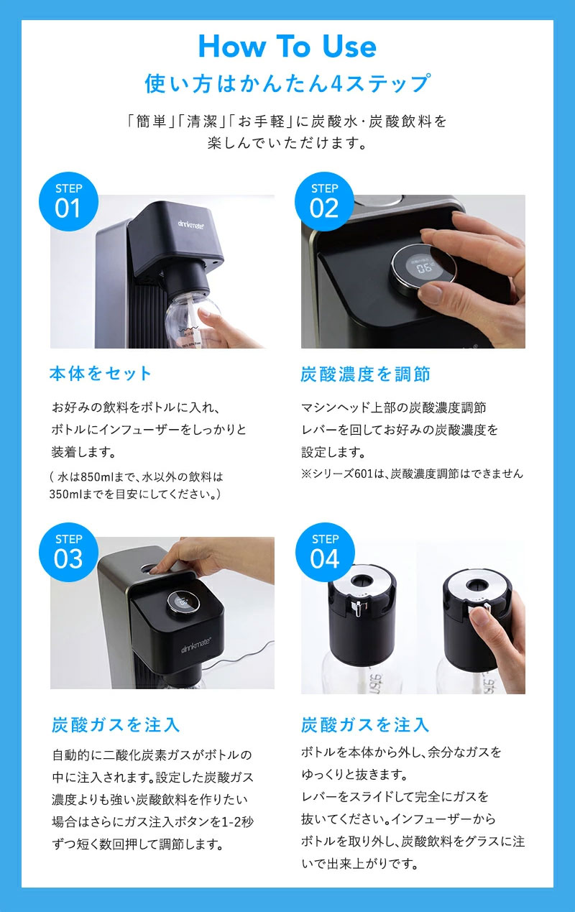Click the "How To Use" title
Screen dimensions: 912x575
[287, 47]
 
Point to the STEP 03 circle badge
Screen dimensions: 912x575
[68, 551]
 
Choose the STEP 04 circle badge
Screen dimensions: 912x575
[325, 551]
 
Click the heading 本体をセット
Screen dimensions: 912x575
[101, 374]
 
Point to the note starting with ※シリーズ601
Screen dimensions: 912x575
[412, 474]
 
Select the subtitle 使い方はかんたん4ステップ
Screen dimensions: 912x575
[287, 84]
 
